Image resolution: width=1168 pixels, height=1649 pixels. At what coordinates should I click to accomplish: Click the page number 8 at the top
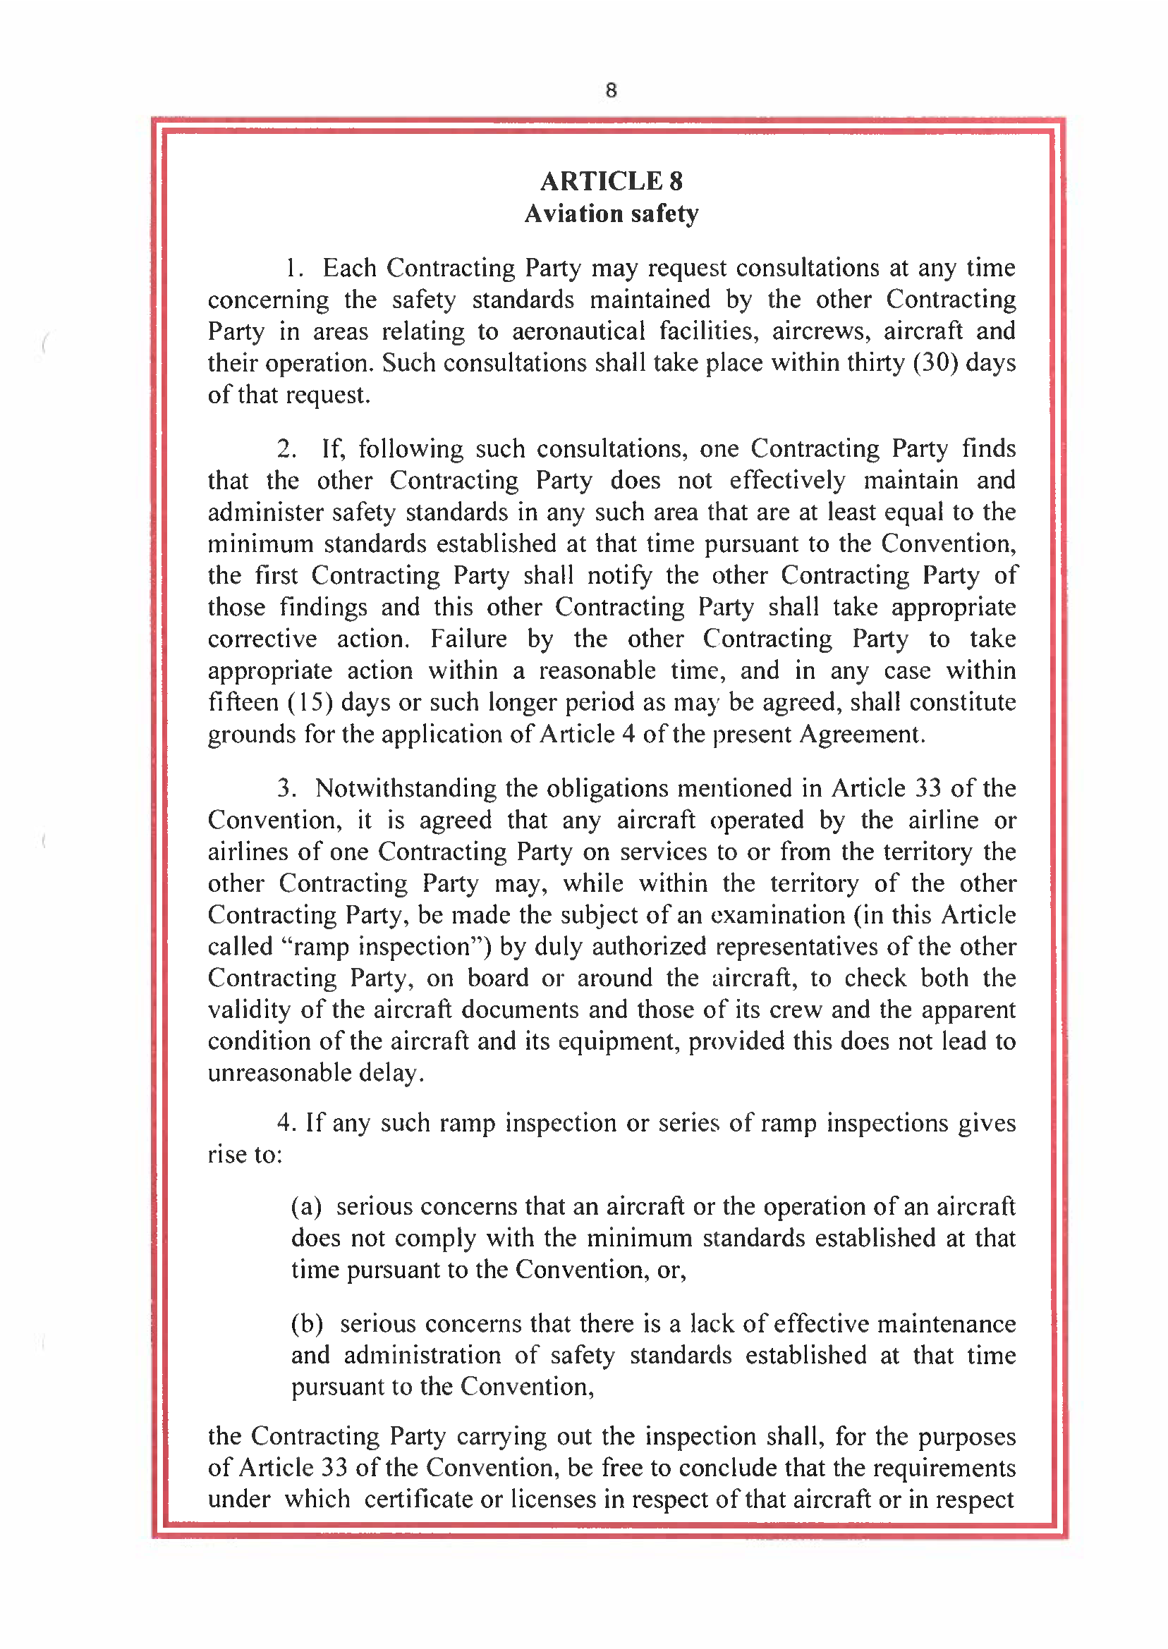coord(611,90)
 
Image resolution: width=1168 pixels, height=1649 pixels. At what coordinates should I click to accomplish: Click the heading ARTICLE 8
coord(611,181)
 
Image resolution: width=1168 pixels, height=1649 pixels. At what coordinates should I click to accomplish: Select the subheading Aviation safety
coord(611,214)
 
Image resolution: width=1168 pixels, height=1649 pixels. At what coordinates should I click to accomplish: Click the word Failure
coord(468,638)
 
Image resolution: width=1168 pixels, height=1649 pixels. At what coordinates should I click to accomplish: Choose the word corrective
coord(262,638)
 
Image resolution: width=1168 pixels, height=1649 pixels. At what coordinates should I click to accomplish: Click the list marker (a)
coord(305,1206)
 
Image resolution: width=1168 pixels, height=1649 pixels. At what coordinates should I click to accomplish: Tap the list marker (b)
coord(306,1323)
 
